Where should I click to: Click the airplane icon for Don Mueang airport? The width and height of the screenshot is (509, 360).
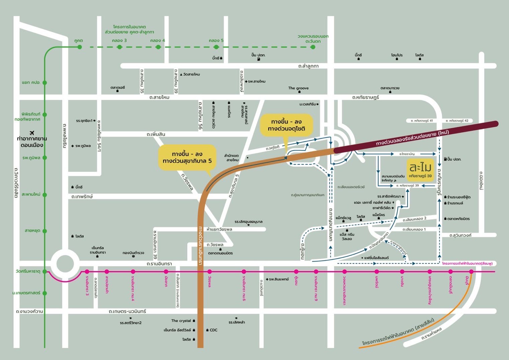(32, 133)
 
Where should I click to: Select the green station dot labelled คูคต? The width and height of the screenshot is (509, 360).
(80, 47)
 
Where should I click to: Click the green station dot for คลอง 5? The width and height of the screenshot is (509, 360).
(216, 47)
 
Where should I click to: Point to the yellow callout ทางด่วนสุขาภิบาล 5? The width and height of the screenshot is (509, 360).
(187, 157)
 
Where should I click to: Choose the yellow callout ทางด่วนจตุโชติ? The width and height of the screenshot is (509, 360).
(286, 125)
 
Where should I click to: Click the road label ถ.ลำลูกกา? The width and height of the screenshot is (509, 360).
(308, 66)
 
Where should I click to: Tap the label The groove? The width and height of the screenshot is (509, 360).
(298, 88)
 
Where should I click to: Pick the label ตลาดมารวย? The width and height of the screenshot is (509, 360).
(390, 88)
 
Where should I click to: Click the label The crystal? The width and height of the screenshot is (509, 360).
(181, 321)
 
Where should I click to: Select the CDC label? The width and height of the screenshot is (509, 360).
(213, 330)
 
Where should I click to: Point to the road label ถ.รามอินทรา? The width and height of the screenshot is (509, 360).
(159, 264)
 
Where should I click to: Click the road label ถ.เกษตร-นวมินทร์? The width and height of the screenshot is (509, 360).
(127, 311)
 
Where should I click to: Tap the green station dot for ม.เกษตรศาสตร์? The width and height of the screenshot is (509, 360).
(45, 293)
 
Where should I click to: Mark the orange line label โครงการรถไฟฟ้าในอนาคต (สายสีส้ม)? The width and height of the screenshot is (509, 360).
(398, 332)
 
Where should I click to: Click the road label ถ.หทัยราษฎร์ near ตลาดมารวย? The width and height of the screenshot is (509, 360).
(366, 97)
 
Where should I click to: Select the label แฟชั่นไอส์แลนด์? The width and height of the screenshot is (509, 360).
(376, 258)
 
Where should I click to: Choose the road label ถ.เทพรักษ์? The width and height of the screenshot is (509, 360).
(82, 197)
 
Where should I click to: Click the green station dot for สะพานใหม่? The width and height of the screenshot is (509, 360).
(45, 194)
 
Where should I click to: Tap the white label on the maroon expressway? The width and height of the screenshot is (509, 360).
(412, 138)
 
